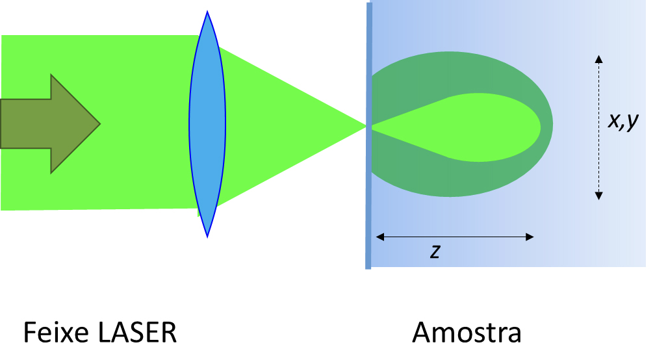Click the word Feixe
pyautogui.click(x=55, y=333)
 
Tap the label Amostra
pyautogui.click(x=467, y=333)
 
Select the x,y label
pyautogui.click(x=624, y=121)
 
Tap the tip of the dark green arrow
pyautogui.click(x=99, y=123)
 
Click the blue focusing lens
pyautogui.click(x=207, y=123)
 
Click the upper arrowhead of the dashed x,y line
pyautogui.click(x=598, y=58)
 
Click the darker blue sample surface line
pyautogui.click(x=368, y=195)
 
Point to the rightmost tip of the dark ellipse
pyautogui.click(x=552, y=125)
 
